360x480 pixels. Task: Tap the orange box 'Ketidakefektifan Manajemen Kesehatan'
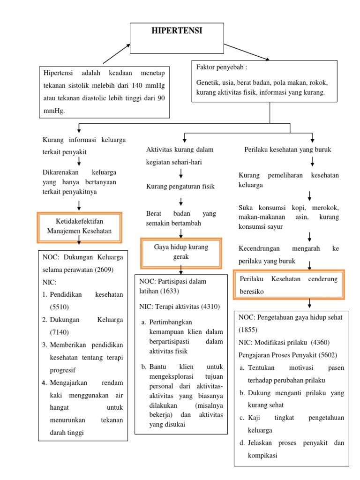(x=79, y=227)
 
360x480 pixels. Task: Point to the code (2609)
(x=104, y=270)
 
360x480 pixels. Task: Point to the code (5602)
(x=327, y=355)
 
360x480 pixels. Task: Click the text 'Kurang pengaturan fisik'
(x=180, y=187)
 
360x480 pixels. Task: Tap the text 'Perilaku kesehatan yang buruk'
(x=288, y=150)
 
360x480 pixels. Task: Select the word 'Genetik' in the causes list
(x=208, y=82)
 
